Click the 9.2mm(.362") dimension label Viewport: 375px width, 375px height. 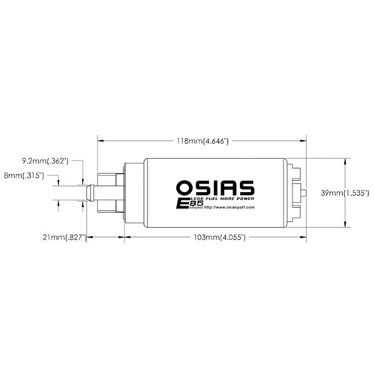coord(46,160)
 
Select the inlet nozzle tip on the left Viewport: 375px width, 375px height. coord(88,192)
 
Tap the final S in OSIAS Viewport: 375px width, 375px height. coord(247,184)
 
